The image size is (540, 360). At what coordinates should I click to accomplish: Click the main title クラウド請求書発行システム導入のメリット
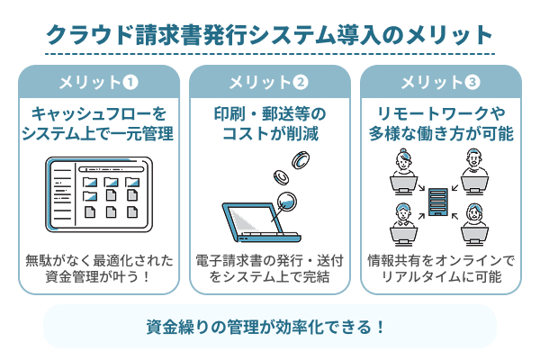point(270,35)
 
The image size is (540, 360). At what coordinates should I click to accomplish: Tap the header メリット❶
point(98,83)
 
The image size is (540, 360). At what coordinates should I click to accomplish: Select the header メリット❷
point(269,83)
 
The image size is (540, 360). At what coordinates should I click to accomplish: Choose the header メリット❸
point(440,83)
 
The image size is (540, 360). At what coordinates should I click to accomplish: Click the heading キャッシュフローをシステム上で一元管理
point(98,124)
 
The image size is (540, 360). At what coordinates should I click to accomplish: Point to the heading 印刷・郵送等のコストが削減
point(269,124)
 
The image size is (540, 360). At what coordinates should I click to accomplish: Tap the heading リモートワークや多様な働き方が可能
point(440,124)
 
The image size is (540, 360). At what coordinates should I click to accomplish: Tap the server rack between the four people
point(440,202)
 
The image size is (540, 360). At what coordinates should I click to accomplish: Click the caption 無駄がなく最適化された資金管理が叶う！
point(98,268)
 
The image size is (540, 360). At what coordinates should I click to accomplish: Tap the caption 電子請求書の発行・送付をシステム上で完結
point(269,268)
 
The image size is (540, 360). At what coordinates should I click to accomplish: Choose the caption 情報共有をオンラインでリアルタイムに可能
point(440,268)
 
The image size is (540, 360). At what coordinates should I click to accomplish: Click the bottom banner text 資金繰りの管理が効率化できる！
point(270,326)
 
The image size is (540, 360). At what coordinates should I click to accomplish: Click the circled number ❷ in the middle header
point(301,83)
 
